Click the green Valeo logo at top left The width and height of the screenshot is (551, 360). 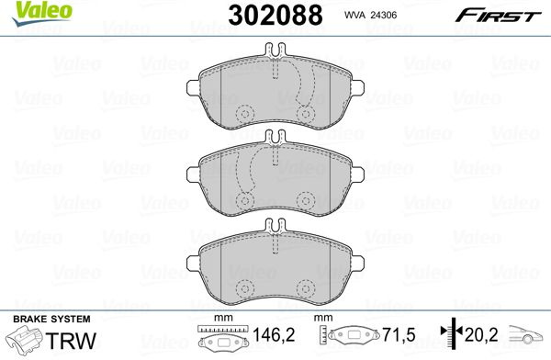42,14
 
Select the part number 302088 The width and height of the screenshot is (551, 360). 275,15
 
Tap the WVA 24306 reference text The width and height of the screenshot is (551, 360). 370,15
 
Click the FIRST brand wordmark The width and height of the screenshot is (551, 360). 498,16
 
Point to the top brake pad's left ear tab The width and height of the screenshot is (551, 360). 193,88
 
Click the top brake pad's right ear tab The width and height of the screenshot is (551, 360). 358,87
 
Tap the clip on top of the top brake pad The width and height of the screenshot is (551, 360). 275,50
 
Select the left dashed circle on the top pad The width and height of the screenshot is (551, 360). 245,114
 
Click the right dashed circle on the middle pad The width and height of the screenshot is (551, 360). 306,201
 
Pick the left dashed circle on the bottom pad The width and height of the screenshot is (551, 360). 245,288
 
